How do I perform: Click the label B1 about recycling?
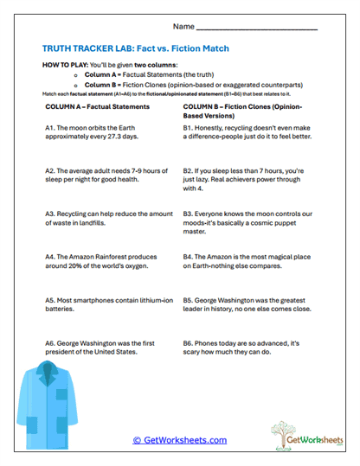click(x=189, y=127)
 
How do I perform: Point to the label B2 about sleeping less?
click(x=189, y=171)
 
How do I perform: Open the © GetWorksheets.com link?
click(x=180, y=440)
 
